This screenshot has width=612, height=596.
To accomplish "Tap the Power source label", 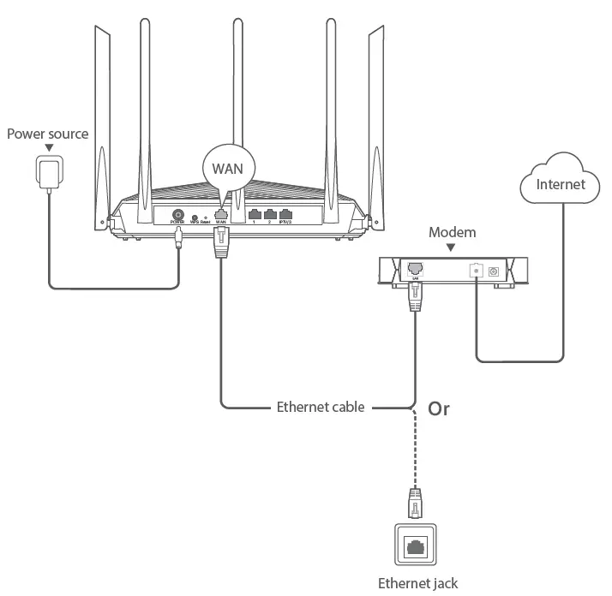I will [47, 134].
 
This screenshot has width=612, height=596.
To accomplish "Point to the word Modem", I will [452, 232].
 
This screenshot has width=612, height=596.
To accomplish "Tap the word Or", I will [438, 408].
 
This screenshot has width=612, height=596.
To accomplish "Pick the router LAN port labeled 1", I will [254, 215].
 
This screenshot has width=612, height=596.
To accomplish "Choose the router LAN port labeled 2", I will [270, 215].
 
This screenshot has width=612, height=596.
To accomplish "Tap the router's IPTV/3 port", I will [286, 215].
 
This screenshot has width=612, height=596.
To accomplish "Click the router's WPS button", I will [195, 218].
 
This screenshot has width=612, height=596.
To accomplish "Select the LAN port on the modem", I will [416, 268].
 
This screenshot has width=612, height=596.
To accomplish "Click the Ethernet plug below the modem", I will [416, 297].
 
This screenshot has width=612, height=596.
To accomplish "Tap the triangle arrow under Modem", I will [452, 247].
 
